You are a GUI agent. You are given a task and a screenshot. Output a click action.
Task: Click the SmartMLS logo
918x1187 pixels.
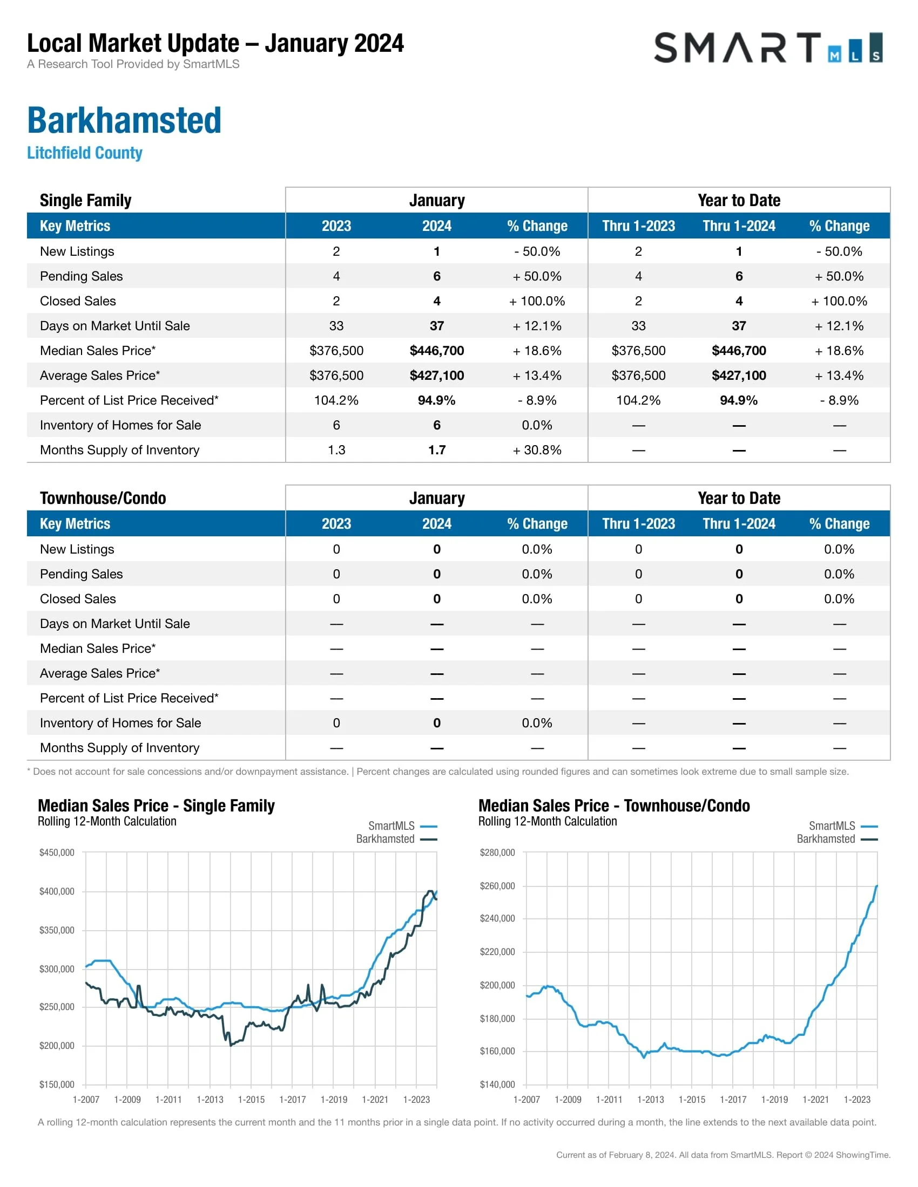[x=767, y=48]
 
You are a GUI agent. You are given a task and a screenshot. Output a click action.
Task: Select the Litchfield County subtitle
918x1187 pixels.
[x=85, y=153]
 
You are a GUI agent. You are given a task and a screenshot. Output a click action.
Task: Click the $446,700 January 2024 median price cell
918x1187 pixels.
[x=437, y=351]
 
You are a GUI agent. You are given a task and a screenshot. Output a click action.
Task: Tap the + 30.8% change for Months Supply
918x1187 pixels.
[x=537, y=450]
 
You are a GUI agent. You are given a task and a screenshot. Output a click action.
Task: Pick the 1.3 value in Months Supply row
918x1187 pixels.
[x=336, y=450]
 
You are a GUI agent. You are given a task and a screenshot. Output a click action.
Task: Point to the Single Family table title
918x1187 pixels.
[x=85, y=201]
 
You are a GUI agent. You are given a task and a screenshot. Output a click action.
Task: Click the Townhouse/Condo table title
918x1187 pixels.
[x=103, y=498]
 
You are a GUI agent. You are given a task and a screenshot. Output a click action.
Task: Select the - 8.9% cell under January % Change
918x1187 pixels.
[x=537, y=400]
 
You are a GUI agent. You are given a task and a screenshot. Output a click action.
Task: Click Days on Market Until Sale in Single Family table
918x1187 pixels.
[x=114, y=326]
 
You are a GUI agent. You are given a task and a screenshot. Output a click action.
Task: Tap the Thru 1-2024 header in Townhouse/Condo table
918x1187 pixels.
[x=739, y=524]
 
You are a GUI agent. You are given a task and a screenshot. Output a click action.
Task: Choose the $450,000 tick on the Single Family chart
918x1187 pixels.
[x=57, y=852]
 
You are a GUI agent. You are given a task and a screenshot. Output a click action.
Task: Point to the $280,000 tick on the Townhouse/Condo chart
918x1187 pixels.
[x=497, y=852]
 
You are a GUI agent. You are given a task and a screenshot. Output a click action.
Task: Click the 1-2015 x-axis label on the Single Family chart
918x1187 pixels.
[x=251, y=1100]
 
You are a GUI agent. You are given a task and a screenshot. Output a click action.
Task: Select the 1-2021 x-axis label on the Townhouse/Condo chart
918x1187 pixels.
[x=816, y=1100]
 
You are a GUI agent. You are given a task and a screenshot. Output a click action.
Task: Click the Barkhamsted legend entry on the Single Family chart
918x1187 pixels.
[x=386, y=838]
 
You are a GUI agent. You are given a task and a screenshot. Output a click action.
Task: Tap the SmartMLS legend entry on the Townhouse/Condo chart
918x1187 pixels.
[x=832, y=826]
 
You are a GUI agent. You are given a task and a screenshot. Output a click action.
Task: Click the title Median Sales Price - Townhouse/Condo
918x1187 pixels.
[x=614, y=806]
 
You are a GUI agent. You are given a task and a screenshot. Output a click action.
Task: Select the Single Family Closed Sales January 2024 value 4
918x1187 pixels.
[x=437, y=301]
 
